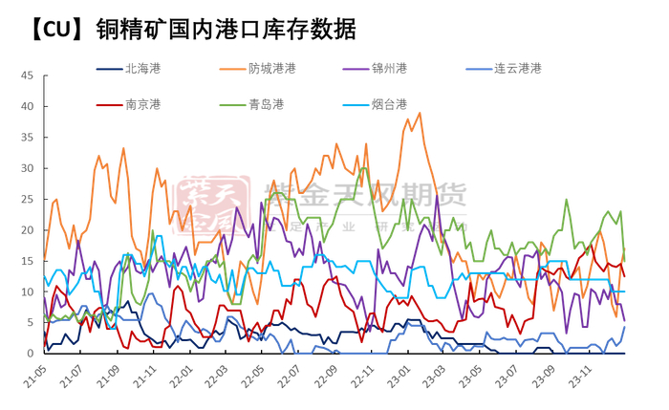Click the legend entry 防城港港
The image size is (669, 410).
(x=271, y=69)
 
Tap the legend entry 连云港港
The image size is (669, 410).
(x=517, y=69)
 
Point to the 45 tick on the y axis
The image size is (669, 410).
(x=27, y=76)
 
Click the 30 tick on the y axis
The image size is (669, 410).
(x=27, y=168)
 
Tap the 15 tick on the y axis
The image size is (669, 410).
(x=27, y=261)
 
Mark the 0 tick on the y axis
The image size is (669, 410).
(x=30, y=354)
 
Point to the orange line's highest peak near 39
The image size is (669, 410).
(x=420, y=113)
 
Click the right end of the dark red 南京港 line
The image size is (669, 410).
(x=624, y=276)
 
